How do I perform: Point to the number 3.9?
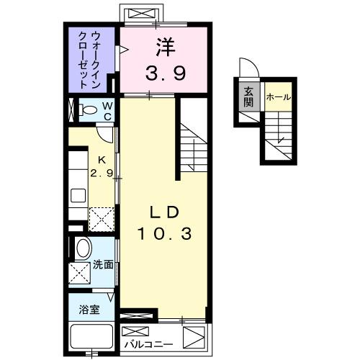tap(165, 72)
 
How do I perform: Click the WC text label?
tap(106, 111)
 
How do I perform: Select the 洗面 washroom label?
tap(103, 265)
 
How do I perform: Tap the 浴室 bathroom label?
tap(89, 310)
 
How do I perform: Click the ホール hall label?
tap(278, 96)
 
